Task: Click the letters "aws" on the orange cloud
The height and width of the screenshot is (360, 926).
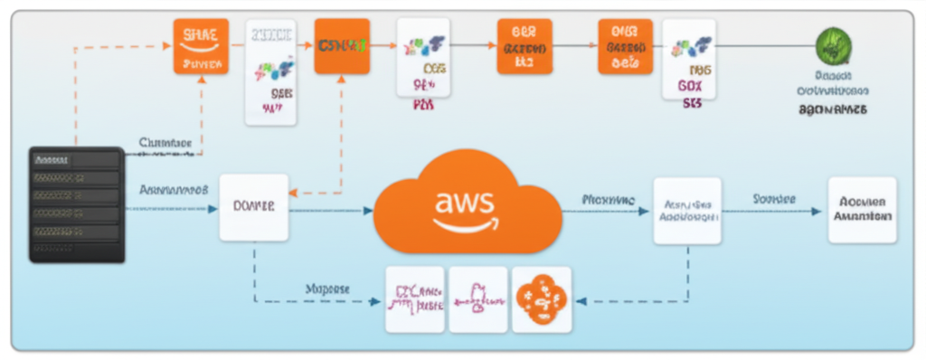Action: point(464,201)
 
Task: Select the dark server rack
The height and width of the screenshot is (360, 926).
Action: point(76,204)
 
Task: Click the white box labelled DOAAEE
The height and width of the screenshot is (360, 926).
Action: point(254,207)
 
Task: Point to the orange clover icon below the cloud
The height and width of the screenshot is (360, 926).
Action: point(541,298)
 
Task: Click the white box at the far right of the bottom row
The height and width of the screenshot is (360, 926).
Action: point(862,210)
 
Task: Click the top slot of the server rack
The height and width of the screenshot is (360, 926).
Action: point(76,159)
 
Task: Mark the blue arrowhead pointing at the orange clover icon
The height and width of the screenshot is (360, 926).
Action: point(581,301)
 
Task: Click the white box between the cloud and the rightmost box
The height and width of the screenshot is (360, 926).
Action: point(687,211)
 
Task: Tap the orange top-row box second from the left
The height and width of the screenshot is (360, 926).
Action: point(342,45)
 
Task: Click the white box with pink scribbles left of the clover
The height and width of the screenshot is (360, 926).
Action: point(478,298)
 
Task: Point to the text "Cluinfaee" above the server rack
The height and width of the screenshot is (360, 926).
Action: point(165,142)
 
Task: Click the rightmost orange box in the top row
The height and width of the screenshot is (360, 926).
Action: point(625,45)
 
